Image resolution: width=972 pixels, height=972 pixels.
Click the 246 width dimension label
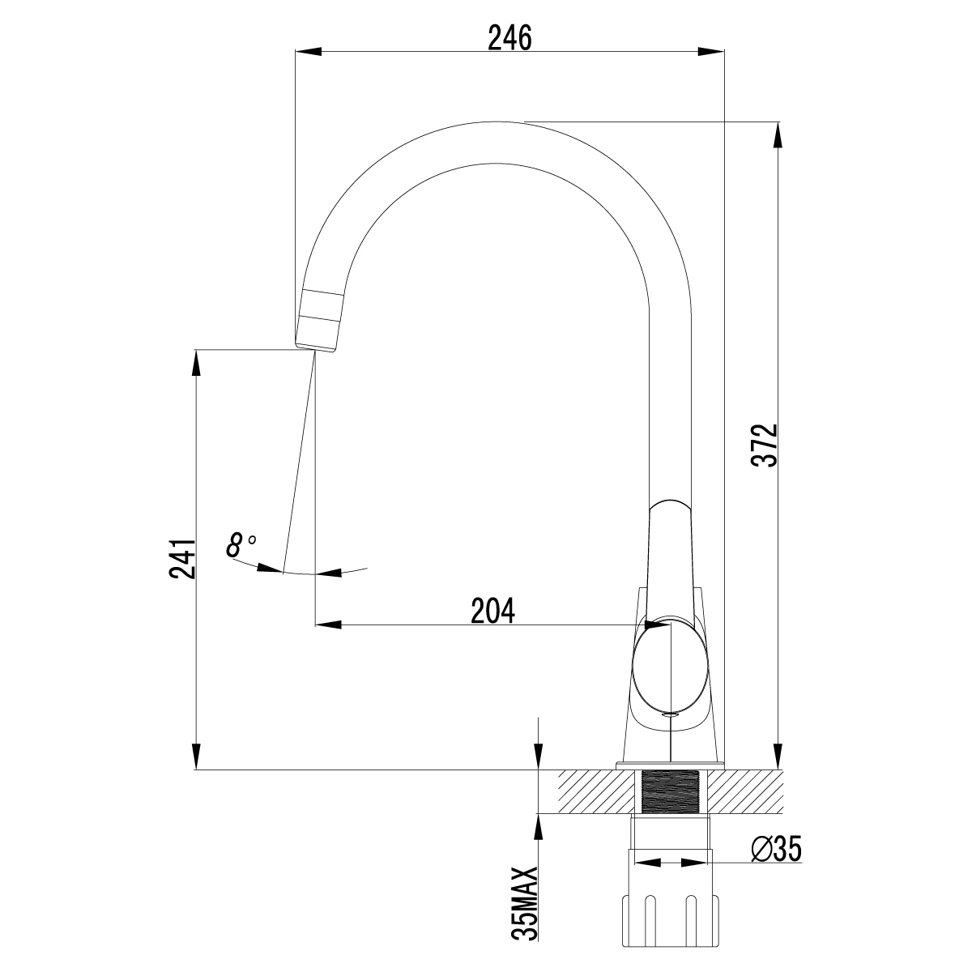tap(509, 38)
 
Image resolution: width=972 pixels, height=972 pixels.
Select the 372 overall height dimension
tap(764, 446)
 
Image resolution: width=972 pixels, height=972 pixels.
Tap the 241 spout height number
tap(182, 559)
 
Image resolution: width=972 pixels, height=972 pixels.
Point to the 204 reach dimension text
tap(492, 611)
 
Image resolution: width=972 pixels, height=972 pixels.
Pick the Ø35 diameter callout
tap(776, 850)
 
